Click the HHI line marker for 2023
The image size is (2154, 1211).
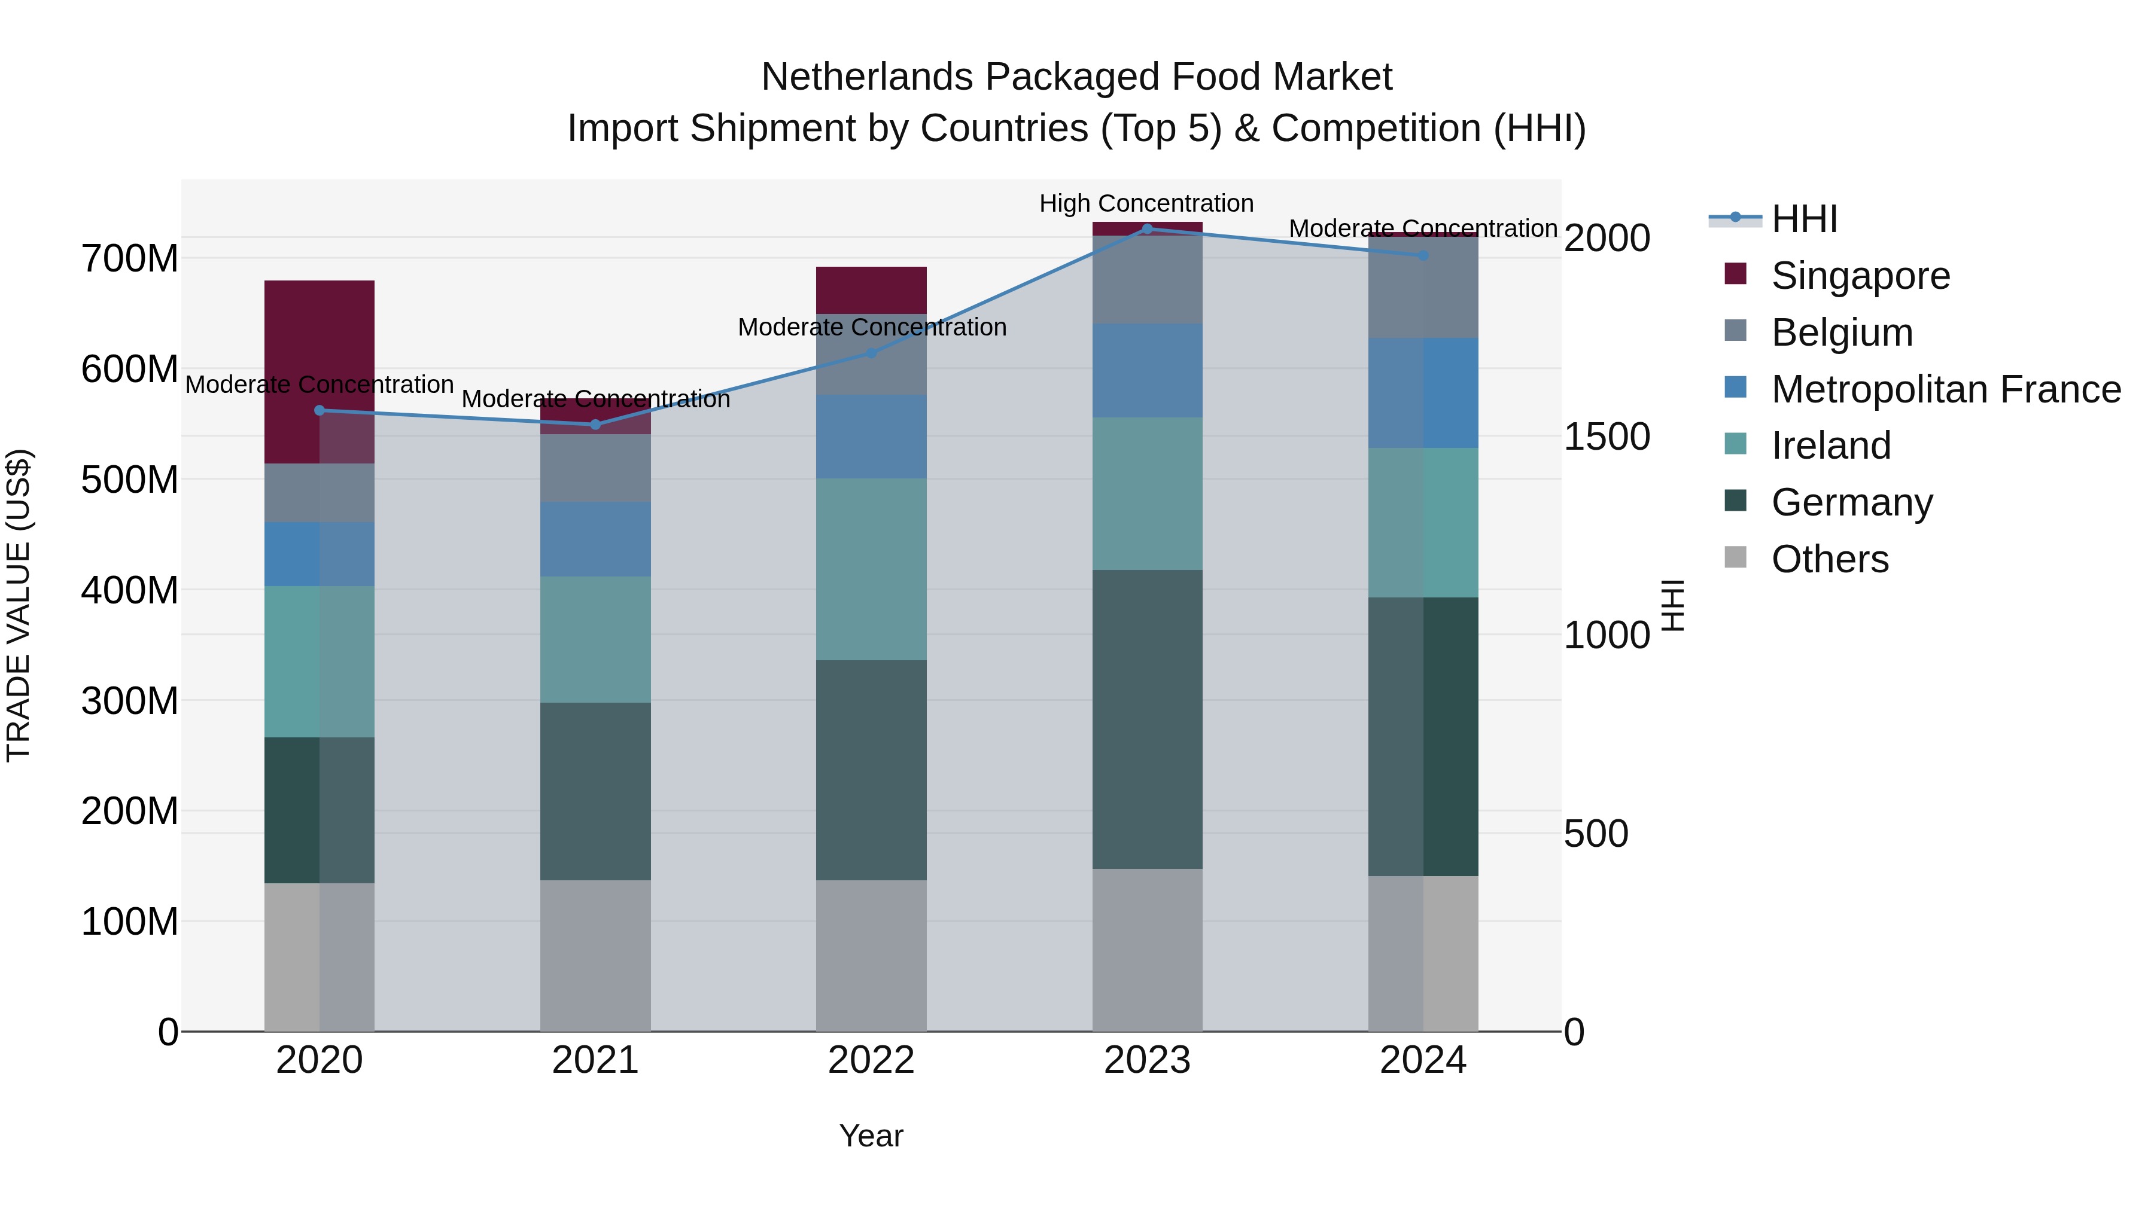tap(1147, 229)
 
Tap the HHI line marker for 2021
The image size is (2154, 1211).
tap(595, 425)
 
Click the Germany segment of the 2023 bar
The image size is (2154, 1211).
tap(1147, 719)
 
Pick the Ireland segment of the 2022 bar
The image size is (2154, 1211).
tap(871, 569)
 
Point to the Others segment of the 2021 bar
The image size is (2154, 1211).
tap(595, 955)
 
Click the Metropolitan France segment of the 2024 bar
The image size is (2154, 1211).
tap(1423, 393)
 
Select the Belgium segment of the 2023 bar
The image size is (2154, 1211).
tap(1147, 280)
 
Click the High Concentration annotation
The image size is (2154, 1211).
tap(1146, 203)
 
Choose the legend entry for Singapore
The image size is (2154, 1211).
tap(1860, 276)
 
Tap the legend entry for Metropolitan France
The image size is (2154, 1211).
tap(1945, 389)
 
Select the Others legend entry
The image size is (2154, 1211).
tap(1830, 559)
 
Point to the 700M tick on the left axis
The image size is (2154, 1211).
tap(130, 258)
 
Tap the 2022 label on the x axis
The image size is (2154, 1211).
tap(871, 1060)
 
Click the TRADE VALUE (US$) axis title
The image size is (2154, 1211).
tap(19, 605)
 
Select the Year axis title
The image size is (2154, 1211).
tap(871, 1136)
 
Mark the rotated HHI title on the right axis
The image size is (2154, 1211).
tap(1672, 605)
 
